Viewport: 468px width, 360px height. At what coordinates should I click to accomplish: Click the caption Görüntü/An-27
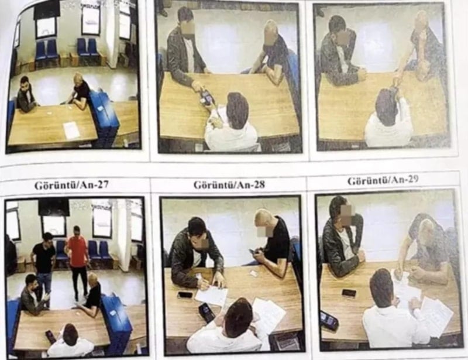pos(71,185)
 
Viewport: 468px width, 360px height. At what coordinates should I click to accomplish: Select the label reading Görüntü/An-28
pos(229,184)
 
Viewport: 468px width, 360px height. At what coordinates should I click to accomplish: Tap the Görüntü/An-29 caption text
pos(383,180)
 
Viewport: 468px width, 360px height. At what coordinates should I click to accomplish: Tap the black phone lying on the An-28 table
pos(184,295)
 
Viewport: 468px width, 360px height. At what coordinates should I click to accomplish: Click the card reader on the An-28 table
pos(206,312)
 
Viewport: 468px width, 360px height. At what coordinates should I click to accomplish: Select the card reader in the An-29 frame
pos(328,322)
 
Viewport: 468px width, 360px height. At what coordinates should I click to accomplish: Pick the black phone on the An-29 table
pos(349,293)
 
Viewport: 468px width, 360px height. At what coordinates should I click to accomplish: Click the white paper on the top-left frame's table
pos(71,130)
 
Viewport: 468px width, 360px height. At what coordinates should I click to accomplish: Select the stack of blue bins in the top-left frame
pos(105,118)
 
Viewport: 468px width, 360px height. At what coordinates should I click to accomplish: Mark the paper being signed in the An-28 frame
pos(211,294)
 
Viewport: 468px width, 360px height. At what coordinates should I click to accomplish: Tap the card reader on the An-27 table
pos(50,336)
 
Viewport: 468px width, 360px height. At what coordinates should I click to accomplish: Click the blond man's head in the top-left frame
pos(79,78)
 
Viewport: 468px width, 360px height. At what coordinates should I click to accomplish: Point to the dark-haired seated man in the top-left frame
pos(26,95)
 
